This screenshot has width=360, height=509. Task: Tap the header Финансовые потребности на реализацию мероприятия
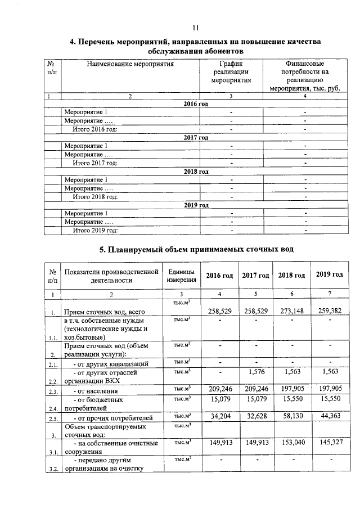pyautogui.click(x=304, y=76)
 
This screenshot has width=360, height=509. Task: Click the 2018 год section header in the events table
pyautogui.click(x=196, y=172)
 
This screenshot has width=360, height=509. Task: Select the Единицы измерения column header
pyautogui.click(x=181, y=276)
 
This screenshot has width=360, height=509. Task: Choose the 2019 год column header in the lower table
pyautogui.click(x=329, y=274)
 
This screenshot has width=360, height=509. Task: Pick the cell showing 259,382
pyautogui.click(x=329, y=311)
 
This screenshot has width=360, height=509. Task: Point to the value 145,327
pyautogui.click(x=329, y=443)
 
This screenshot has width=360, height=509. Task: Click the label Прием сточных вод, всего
pyautogui.click(x=105, y=312)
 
